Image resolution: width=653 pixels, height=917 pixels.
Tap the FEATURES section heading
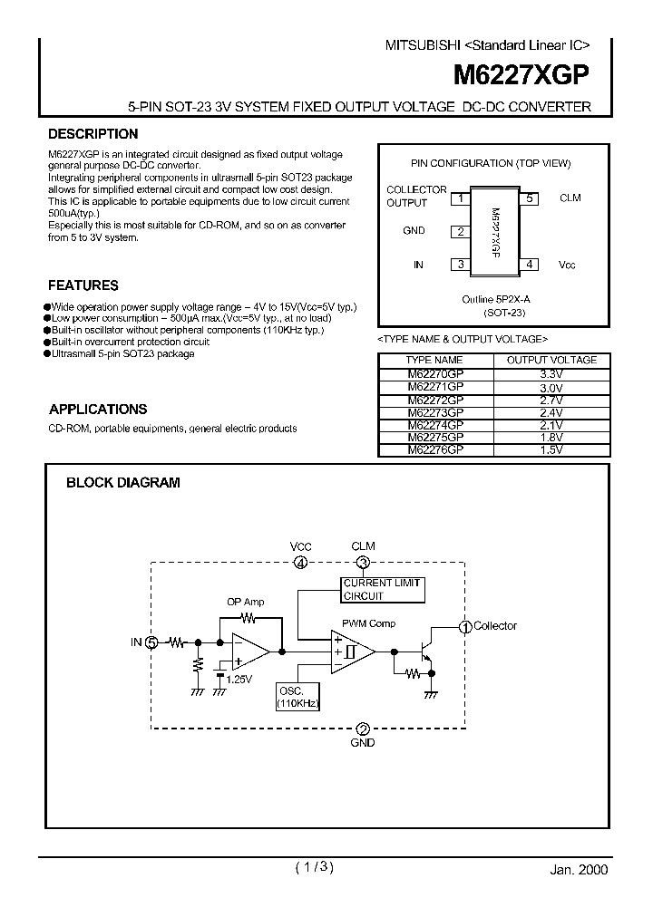pos(83,285)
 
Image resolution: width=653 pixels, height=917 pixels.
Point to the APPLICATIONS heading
pos(98,409)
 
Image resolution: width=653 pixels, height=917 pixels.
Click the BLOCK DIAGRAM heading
pos(122,483)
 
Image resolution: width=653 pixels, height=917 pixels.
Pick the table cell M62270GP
pos(435,372)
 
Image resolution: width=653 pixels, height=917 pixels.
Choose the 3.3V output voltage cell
pos(551,372)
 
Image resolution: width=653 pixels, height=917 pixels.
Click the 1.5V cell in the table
pos(551,449)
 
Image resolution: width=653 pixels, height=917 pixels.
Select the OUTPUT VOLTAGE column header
pos(551,360)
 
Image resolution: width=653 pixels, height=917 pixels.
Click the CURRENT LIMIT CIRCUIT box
pos(381,589)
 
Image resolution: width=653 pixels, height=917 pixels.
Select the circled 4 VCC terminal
pos(300,563)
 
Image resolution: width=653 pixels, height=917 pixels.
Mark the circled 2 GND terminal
pos(363,729)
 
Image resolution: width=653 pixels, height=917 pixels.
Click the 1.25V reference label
pos(239,679)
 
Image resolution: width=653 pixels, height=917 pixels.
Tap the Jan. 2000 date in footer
pos(579,868)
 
